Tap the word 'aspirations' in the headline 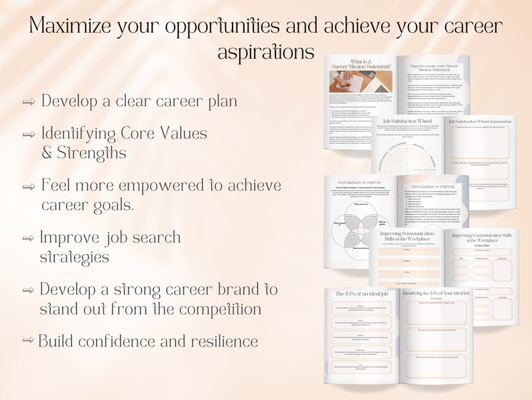pos(265,52)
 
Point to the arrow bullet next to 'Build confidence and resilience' pos(27,340)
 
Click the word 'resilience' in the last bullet pos(218,340)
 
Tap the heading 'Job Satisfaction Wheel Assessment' pos(481,121)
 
